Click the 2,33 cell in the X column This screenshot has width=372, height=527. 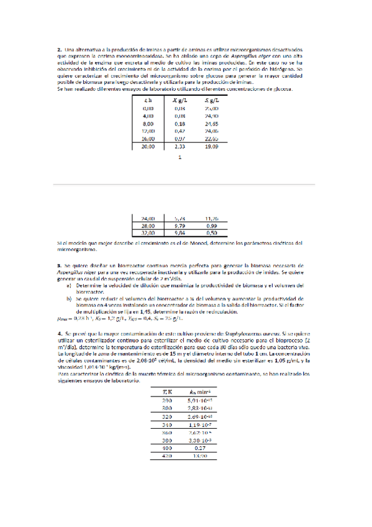[x=180, y=147]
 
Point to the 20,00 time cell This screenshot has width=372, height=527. [x=148, y=147]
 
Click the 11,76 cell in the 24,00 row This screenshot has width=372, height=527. [x=212, y=219]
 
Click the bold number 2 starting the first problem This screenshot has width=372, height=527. [x=58, y=48]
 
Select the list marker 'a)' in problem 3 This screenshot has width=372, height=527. [x=70, y=285]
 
